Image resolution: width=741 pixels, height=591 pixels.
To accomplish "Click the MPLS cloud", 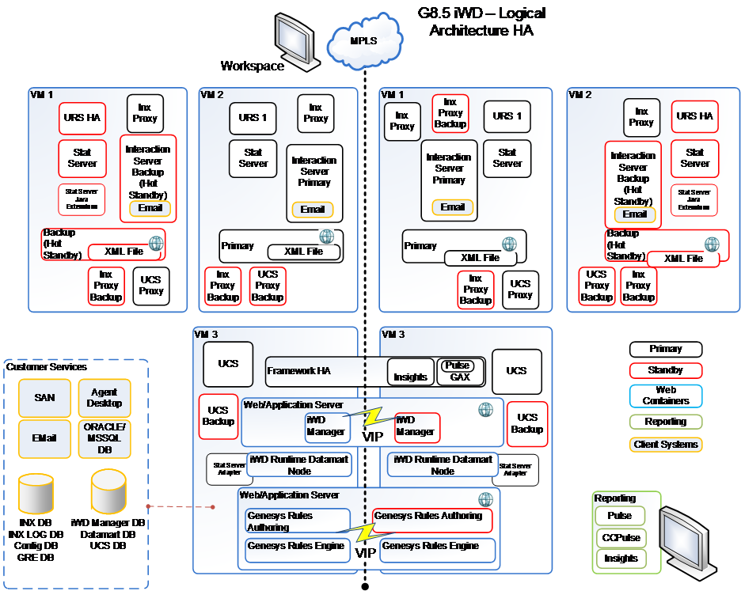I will click(x=363, y=41).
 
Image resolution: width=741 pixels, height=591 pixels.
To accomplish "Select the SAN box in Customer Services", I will click(x=44, y=397).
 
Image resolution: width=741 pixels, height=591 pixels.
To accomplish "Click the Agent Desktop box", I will click(x=104, y=397).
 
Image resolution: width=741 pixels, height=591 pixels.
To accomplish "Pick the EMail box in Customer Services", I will click(x=44, y=438).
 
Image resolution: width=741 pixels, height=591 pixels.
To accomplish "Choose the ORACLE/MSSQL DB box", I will click(x=104, y=438).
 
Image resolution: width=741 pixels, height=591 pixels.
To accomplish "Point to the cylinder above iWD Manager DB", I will click(x=108, y=491).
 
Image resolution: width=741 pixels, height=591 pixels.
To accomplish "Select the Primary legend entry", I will click(x=666, y=349).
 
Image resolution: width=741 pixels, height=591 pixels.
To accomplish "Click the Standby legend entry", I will click(x=666, y=369).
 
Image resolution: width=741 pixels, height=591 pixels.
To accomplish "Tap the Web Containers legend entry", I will click(x=666, y=396).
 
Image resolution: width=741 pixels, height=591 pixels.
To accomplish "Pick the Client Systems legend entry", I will click(x=666, y=445).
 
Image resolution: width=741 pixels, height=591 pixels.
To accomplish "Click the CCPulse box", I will click(x=620, y=537).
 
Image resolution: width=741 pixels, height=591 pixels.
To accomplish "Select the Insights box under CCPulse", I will click(x=620, y=559).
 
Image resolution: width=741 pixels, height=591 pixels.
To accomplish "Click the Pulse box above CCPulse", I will click(x=620, y=516).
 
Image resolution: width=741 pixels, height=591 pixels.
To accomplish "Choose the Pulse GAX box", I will click(x=458, y=371).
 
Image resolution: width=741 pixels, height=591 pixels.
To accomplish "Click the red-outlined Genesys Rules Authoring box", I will click(x=431, y=520).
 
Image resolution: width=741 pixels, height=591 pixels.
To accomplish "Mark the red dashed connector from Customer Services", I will click(x=180, y=506).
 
